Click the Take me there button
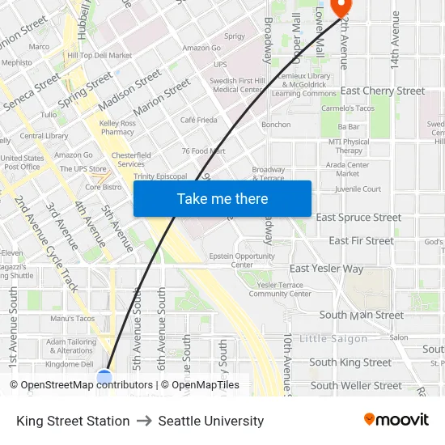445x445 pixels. click(x=222, y=198)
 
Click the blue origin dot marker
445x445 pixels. click(x=104, y=377)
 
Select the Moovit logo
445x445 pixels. click(x=396, y=420)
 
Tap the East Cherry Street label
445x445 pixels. click(x=383, y=91)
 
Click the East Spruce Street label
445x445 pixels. click(x=358, y=217)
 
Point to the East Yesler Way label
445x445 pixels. click(x=327, y=268)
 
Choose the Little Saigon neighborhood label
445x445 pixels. click(x=333, y=338)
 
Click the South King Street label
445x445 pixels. click(x=350, y=362)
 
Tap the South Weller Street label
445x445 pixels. click(x=355, y=385)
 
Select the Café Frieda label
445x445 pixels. click(x=198, y=120)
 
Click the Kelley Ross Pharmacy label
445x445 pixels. click(x=117, y=127)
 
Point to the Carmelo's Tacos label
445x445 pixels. click(x=348, y=108)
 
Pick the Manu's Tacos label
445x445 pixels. click(x=72, y=319)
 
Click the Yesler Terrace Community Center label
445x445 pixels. click(x=279, y=289)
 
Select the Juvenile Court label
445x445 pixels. click(x=358, y=189)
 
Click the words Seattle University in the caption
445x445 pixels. click(x=211, y=421)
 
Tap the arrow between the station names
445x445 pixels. click(x=144, y=421)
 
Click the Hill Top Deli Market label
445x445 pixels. click(x=100, y=56)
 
